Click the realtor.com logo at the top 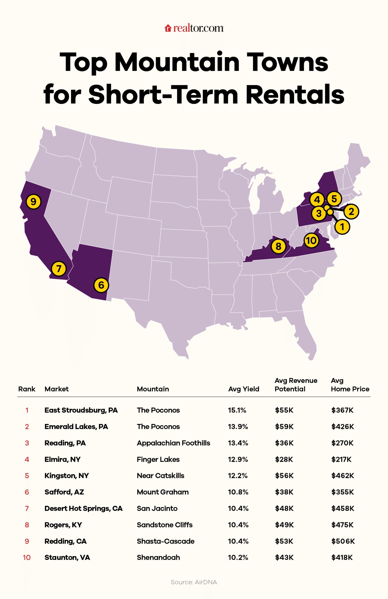tap(194, 28)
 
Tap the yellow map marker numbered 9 tap(33, 201)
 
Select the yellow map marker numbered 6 tap(101, 285)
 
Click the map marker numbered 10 tap(311, 240)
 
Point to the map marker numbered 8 tap(278, 246)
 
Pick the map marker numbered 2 tap(351, 212)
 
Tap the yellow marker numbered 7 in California tap(59, 269)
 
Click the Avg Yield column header tap(243, 389)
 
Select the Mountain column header tap(153, 389)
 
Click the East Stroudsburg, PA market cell tap(81, 410)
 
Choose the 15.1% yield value tap(237, 410)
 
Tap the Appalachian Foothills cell tap(173, 443)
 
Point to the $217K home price tap(341, 459)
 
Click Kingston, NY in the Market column tap(67, 475)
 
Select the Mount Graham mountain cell tap(162, 492)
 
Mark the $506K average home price tap(343, 541)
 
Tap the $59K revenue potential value tap(284, 426)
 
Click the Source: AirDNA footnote tap(194, 582)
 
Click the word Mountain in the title tap(177, 62)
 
